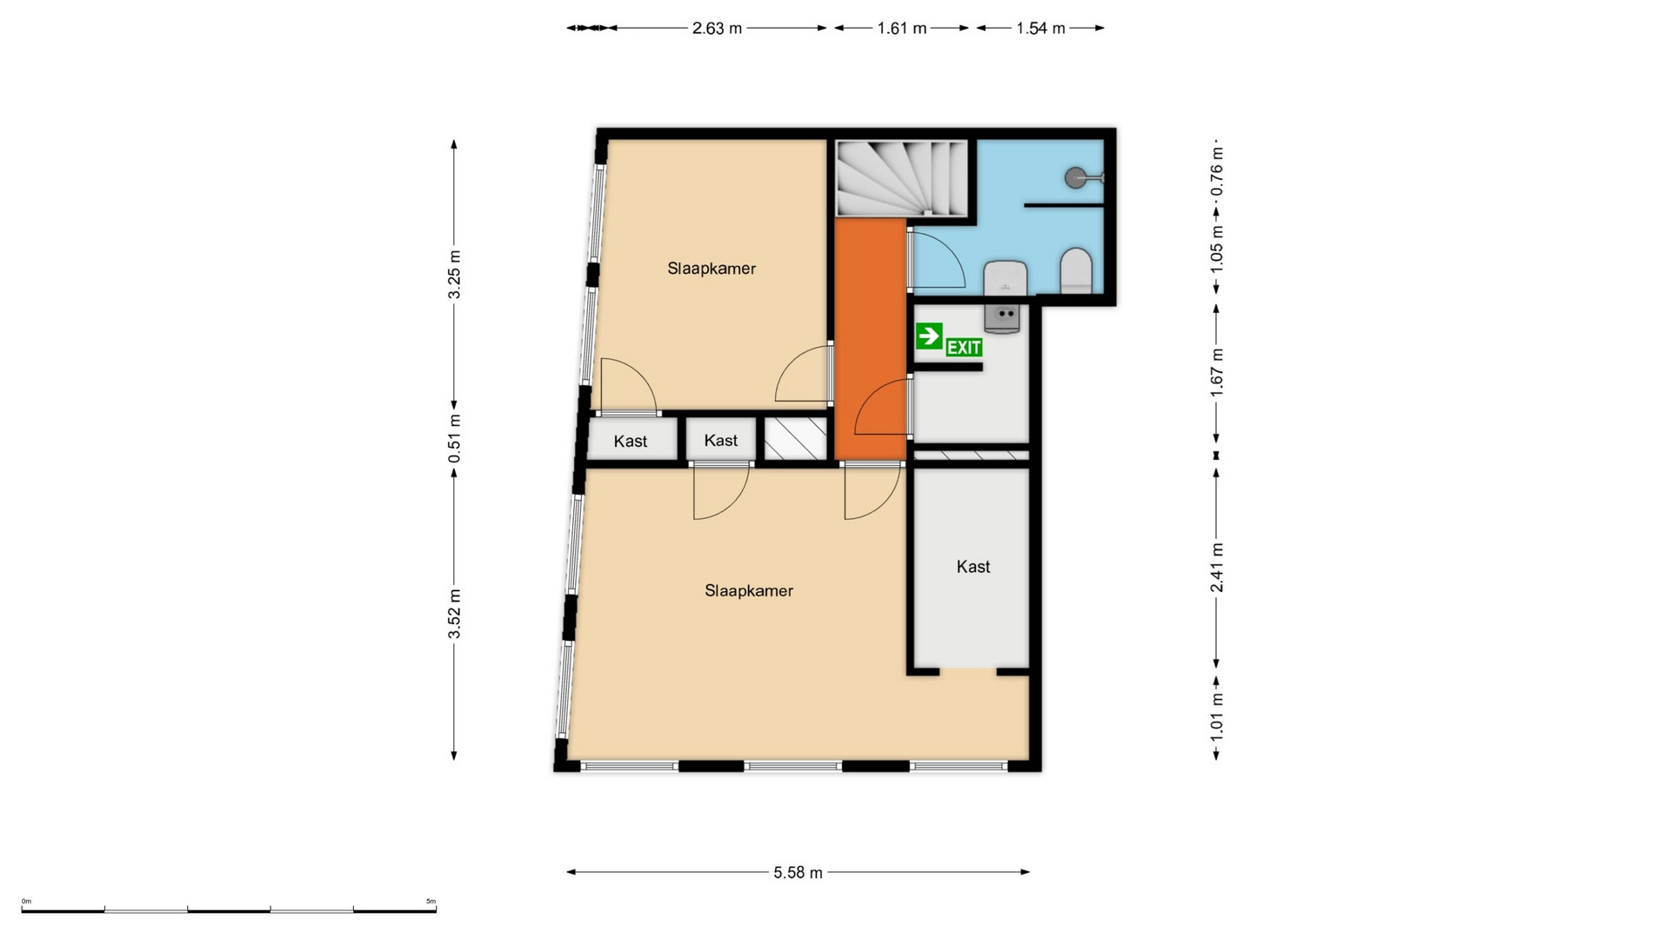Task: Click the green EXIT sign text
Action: coord(964,348)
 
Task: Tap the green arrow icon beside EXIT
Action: coord(929,335)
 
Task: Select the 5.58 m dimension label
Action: coord(798,872)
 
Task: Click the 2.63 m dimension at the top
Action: coord(717,28)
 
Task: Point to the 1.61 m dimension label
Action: coord(902,28)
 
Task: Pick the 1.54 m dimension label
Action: coord(1040,28)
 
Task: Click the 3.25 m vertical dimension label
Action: coord(454,274)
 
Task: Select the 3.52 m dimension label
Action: coord(454,613)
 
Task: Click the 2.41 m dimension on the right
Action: coord(1217,568)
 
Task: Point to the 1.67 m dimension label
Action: coord(1217,372)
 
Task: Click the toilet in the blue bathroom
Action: coord(1076,270)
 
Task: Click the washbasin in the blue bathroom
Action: coord(1005,277)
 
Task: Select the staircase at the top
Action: coord(901,179)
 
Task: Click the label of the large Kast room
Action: coord(973,567)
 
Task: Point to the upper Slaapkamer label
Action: coord(711,269)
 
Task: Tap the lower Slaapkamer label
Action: coord(749,591)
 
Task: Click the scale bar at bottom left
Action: coord(229,910)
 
